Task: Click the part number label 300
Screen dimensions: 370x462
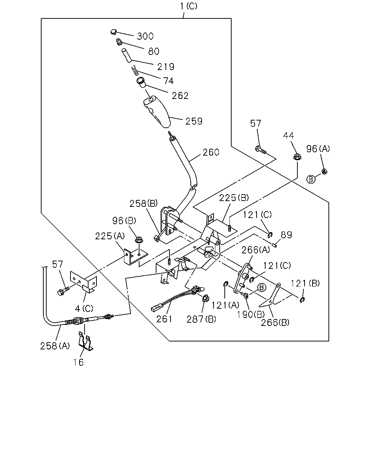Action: coord(145,36)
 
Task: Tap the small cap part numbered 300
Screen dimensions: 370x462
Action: coord(113,32)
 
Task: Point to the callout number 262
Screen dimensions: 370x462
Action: coord(180,96)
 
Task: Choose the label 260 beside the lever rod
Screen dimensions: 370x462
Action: coord(211,152)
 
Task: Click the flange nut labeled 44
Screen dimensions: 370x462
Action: coord(297,157)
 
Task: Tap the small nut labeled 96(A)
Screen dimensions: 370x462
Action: coord(324,171)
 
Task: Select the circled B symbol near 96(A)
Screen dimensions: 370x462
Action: coord(311,179)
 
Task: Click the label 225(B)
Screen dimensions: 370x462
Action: coord(234,198)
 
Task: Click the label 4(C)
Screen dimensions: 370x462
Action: coord(84,309)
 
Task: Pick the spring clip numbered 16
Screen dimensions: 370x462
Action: coord(86,341)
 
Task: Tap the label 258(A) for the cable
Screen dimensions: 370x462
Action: coord(55,346)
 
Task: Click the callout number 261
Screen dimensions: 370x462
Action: coord(164,319)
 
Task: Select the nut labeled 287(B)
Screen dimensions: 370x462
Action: coord(206,298)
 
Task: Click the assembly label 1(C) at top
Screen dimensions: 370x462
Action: coord(188,6)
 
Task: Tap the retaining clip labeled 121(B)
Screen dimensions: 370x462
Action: coord(302,300)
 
